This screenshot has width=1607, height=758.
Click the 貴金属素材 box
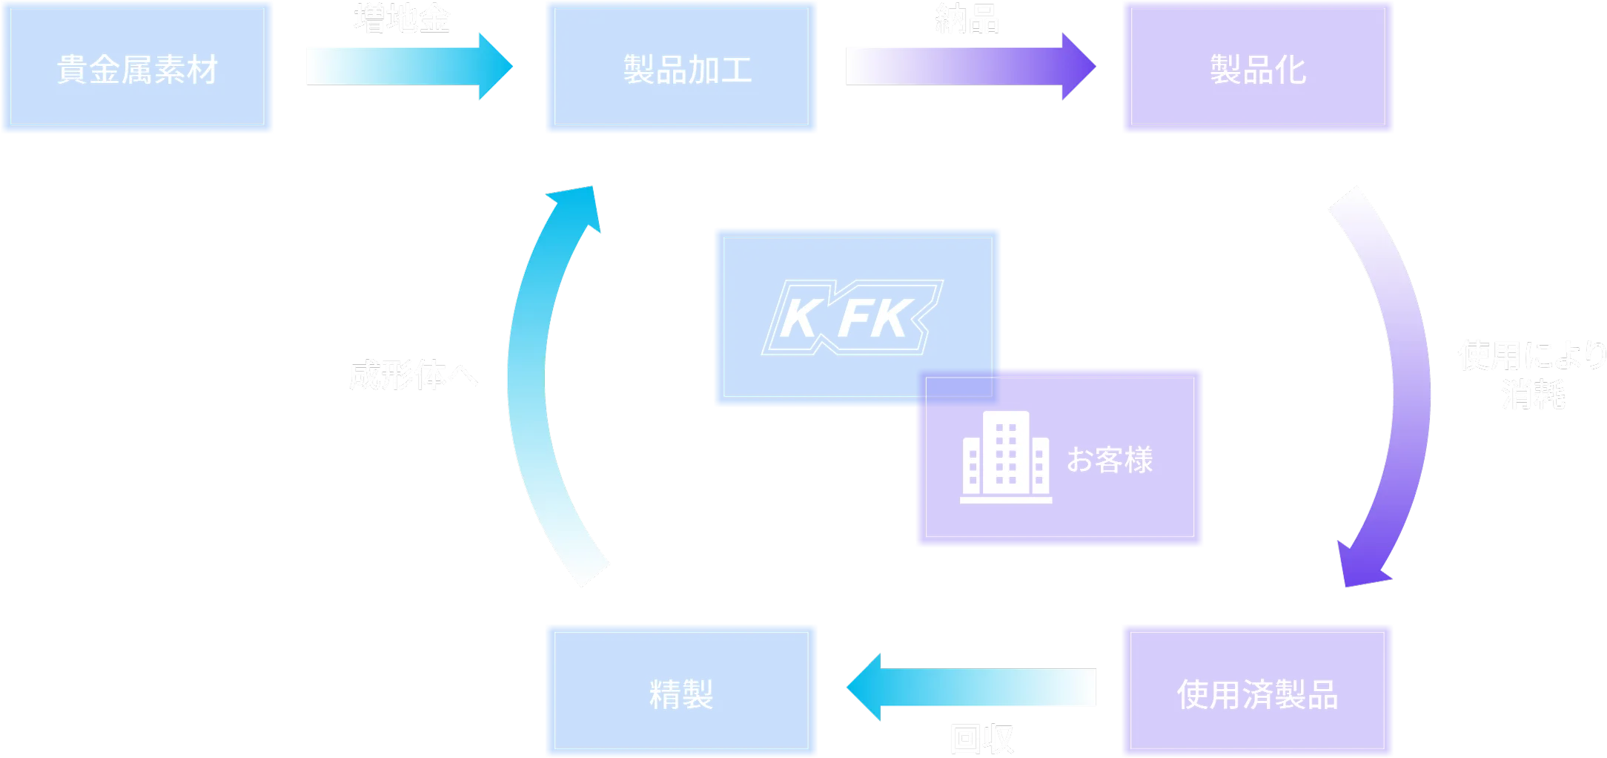point(137,67)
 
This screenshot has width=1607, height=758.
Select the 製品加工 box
point(681,67)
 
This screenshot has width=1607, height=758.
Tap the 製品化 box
point(1258,67)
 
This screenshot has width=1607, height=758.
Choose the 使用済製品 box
point(1257,691)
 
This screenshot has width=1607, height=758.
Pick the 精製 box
point(681,691)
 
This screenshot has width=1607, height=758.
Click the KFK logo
point(852,317)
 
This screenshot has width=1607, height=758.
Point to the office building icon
point(1006,458)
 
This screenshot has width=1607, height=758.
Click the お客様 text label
point(1110,460)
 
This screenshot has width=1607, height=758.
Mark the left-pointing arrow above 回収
point(971,687)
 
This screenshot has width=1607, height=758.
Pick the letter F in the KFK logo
point(858,319)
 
